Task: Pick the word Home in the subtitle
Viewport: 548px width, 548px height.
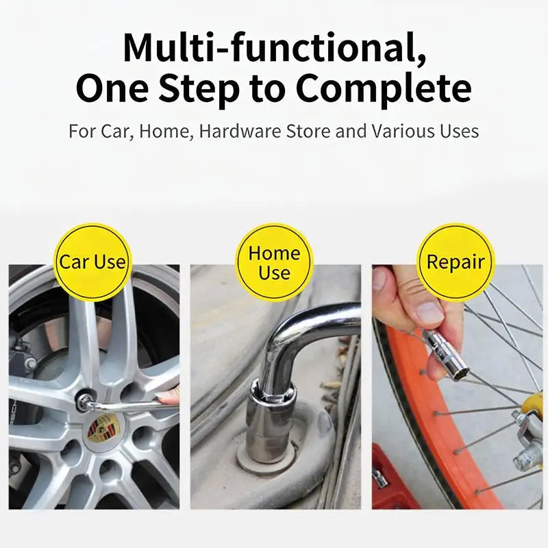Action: tap(166, 132)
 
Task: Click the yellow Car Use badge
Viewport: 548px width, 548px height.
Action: tap(92, 262)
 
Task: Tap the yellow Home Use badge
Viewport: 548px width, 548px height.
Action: tap(275, 262)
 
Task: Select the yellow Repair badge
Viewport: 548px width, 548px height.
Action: tap(456, 262)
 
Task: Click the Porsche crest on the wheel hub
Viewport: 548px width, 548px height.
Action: tap(101, 427)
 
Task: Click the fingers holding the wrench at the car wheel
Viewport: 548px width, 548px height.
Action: tap(167, 397)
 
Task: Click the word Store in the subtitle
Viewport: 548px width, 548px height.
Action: tap(308, 132)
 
